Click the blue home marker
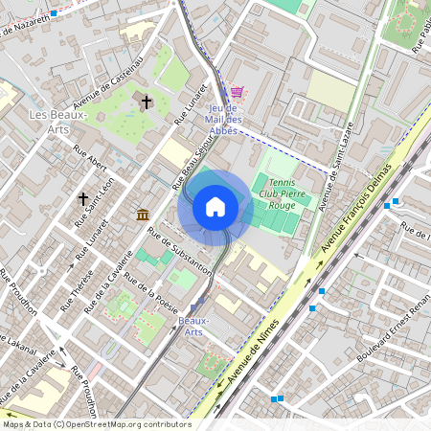click(215, 207)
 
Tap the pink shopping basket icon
click(237, 92)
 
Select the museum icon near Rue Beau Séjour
click(143, 213)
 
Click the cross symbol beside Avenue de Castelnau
click(147, 101)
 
